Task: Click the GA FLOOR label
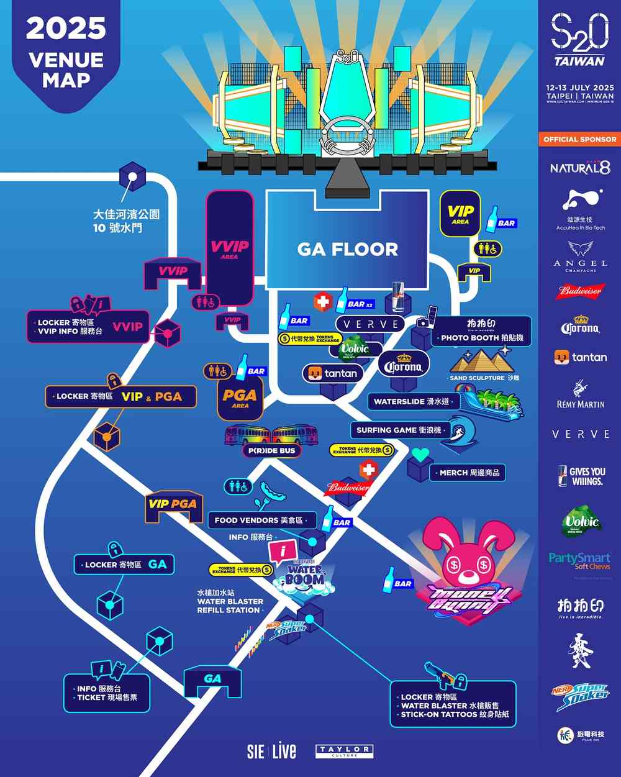coord(347,249)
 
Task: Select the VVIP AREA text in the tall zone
coord(229,249)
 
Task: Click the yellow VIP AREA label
coord(460,214)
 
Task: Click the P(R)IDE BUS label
coord(272,450)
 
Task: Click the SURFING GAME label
coord(399,430)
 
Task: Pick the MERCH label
coord(469,473)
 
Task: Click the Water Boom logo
coord(304,575)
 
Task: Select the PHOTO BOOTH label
coord(481,338)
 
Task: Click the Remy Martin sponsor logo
coord(580,396)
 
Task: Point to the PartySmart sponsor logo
coord(579,561)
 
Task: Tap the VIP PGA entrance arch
coord(172,505)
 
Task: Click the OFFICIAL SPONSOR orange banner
coord(580,139)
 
